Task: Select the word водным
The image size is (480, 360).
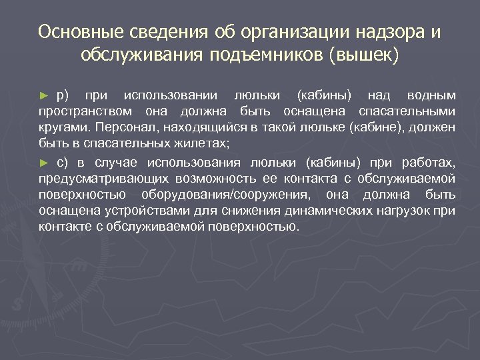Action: point(432,94)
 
